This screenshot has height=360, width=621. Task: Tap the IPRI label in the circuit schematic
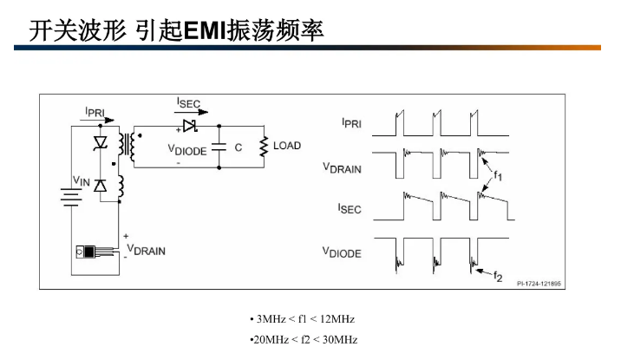pos(95,112)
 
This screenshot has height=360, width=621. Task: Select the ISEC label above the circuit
pos(188,103)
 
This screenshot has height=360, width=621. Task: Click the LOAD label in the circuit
pos(287,146)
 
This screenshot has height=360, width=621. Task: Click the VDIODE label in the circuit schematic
pos(186,149)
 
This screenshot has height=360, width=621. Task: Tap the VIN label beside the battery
pos(81,180)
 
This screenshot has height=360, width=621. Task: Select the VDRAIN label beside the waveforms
pos(342,167)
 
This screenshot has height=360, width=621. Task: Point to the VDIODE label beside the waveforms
pos(342,252)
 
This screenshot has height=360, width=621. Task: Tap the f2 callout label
pos(498,277)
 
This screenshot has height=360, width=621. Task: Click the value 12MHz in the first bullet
pos(338,319)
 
